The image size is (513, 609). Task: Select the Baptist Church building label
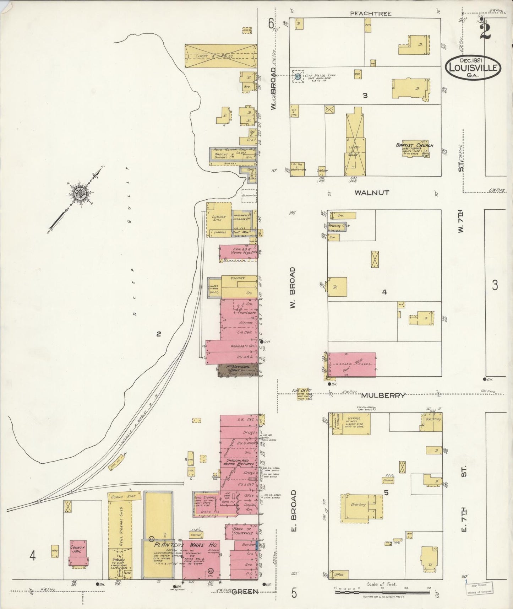tap(414, 145)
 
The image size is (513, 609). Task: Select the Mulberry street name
tap(383, 395)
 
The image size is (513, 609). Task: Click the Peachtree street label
tap(370, 14)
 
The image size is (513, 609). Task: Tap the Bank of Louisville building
tap(242, 531)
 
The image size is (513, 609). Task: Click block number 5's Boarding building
tap(358, 505)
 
